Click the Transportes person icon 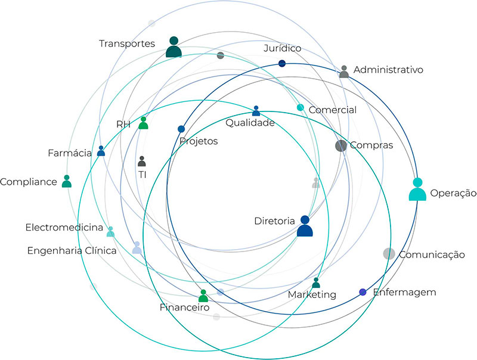pos(174,47)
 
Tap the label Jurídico pos(283,48)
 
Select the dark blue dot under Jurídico pos(282,63)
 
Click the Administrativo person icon pos(344,72)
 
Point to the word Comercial pos(332,110)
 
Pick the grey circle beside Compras pos(341,145)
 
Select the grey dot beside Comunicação pos(389,253)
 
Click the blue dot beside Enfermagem pos(363,292)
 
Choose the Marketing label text pos(312,294)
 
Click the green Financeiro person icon pos(203,296)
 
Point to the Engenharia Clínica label pos(72,250)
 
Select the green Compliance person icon pos(66,181)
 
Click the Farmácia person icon pos(101,151)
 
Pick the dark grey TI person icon pos(142,161)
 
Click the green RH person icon pos(143,123)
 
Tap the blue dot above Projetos pos(181,129)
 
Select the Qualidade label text pos(250,123)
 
